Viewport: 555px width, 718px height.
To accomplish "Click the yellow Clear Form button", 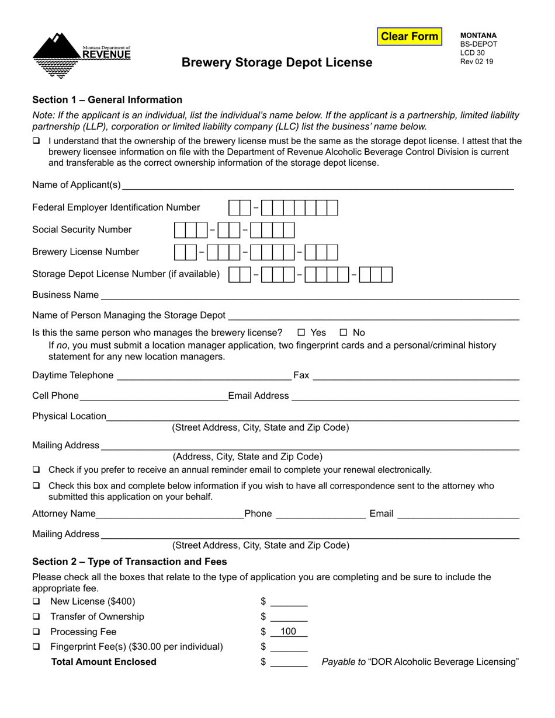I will click(x=409, y=37).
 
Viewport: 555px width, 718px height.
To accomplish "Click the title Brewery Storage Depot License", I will click(x=277, y=62).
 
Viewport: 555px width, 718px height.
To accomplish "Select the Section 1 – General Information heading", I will click(x=107, y=100).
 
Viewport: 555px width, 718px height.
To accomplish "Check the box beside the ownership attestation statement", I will click(x=37, y=141).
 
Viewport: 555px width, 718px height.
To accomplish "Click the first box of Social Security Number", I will click(x=180, y=230).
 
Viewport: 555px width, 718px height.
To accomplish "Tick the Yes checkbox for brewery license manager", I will click(x=301, y=333).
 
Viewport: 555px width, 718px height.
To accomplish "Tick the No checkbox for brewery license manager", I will click(x=344, y=333).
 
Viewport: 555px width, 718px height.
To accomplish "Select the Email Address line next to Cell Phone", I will click(x=405, y=396).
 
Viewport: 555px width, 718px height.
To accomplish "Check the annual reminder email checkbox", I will click(x=37, y=470).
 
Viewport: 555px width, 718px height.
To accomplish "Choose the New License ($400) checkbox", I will click(x=37, y=602).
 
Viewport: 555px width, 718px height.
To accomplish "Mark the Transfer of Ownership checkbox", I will click(x=37, y=617).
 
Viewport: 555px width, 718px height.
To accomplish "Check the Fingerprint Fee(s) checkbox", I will click(x=37, y=647).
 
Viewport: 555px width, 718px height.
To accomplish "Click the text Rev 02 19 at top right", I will click(x=476, y=61).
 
